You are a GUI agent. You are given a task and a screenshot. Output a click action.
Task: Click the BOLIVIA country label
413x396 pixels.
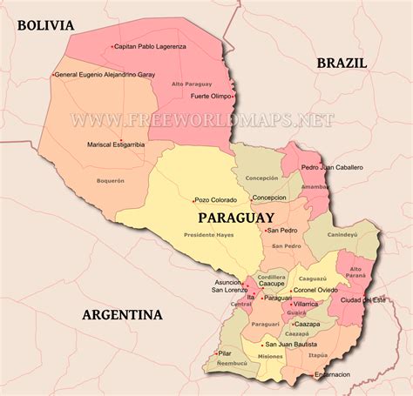(x=45, y=24)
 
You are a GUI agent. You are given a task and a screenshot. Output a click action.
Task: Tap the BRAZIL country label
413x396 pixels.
(x=342, y=63)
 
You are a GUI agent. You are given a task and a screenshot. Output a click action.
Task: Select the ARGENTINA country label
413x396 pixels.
(x=122, y=315)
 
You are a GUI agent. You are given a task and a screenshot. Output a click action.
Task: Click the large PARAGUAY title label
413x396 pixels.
(x=236, y=218)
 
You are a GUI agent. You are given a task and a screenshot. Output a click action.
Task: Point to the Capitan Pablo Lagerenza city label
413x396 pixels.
(x=152, y=46)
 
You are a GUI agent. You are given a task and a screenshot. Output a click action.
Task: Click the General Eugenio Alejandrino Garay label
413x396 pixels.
(x=106, y=75)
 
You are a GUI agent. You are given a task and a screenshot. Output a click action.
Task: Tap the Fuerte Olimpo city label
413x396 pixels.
(x=212, y=96)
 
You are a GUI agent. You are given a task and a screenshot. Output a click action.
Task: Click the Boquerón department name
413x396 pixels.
(x=110, y=181)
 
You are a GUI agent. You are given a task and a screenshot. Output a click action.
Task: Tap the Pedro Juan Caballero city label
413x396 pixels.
(x=333, y=167)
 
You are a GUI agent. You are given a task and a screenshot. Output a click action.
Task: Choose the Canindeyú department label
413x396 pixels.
(x=342, y=234)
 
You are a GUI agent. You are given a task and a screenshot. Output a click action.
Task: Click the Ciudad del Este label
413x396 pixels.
(x=363, y=300)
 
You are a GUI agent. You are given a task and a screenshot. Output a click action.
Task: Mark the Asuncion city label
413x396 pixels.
(x=229, y=282)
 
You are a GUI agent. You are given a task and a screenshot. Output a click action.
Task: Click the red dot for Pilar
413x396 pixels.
(x=217, y=353)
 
